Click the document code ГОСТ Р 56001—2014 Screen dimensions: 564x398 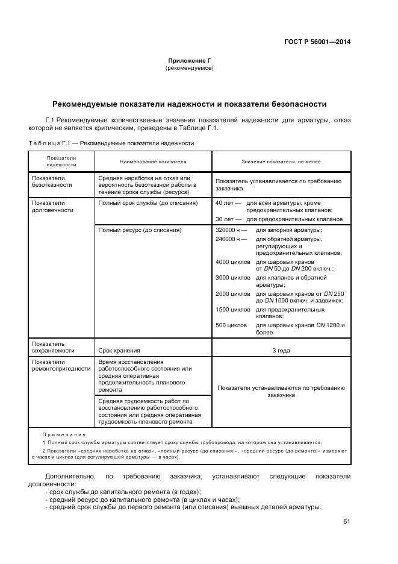coord(317,42)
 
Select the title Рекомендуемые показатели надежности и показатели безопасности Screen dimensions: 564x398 coord(189,104)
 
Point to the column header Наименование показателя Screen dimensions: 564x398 coord(153,161)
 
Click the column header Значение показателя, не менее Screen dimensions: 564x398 coord(281,161)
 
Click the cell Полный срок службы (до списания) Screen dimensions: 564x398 coord(147,203)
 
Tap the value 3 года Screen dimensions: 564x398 coord(281,350)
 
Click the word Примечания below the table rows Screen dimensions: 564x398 coord(64,434)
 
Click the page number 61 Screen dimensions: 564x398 coord(346,521)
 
